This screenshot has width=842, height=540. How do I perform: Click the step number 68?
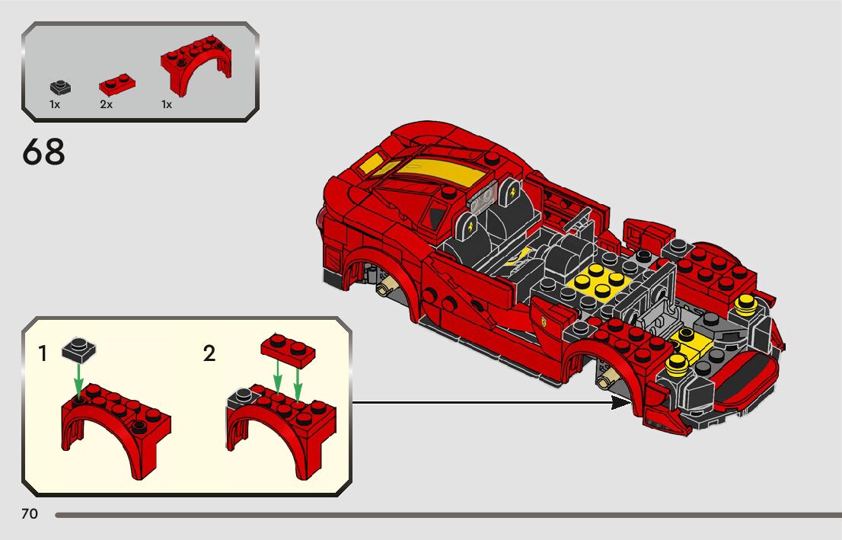43,152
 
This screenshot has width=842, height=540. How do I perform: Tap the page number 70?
30,515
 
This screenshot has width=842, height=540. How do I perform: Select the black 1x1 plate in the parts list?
60,87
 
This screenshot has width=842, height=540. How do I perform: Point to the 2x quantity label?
106,105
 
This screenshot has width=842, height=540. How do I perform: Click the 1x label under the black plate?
55,105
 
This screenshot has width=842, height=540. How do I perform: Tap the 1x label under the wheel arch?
167,105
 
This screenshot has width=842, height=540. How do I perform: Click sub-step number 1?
43,353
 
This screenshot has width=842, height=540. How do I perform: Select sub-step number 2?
209,353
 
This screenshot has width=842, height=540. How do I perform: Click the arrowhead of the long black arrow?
623,403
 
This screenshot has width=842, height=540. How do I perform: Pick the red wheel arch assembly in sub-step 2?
282,430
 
